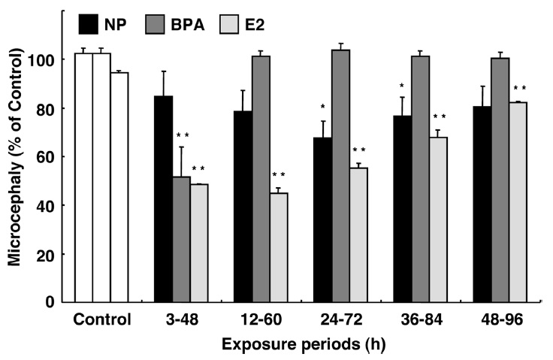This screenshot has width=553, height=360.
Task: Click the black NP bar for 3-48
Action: [x=163, y=199]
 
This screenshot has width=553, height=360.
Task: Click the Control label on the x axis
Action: [x=103, y=319]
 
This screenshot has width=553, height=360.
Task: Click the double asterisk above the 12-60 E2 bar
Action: [x=279, y=176]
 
